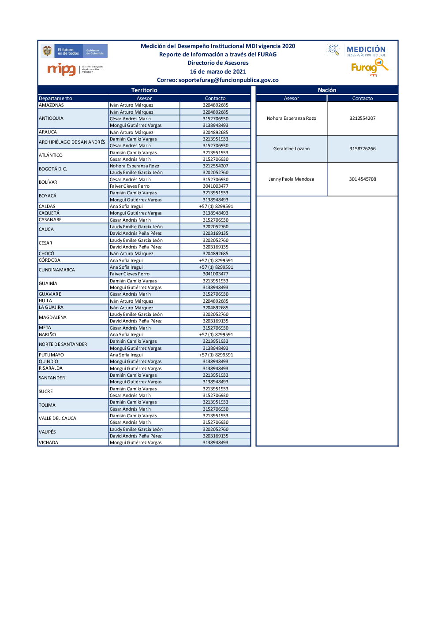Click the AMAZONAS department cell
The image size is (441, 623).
52,105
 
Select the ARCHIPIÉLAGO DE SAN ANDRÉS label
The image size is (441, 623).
72,142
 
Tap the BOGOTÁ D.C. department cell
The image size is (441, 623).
53,169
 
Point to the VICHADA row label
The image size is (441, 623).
49,443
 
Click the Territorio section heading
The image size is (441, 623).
144,90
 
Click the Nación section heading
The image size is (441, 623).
327,90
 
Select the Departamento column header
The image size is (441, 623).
56,99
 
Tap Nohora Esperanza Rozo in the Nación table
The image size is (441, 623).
292,119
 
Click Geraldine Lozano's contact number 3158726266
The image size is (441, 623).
363,149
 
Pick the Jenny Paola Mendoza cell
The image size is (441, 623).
292,179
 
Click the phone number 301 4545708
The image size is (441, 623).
363,179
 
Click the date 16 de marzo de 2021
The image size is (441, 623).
218,72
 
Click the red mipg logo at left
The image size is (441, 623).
61,69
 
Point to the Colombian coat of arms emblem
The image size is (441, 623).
47,51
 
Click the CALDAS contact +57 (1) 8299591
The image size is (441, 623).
216,207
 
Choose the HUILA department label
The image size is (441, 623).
45,301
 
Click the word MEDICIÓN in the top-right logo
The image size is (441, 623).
366,49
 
